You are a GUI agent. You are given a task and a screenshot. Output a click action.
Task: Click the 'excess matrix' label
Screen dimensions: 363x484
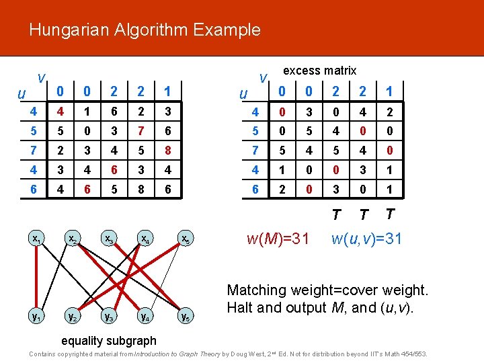coord(320,71)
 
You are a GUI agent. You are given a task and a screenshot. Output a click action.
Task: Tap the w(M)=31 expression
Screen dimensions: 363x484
coord(278,238)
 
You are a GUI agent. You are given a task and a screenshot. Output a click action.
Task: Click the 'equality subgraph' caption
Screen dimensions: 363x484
coord(108,341)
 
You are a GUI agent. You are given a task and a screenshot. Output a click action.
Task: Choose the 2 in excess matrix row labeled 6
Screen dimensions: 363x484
coord(282,190)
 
